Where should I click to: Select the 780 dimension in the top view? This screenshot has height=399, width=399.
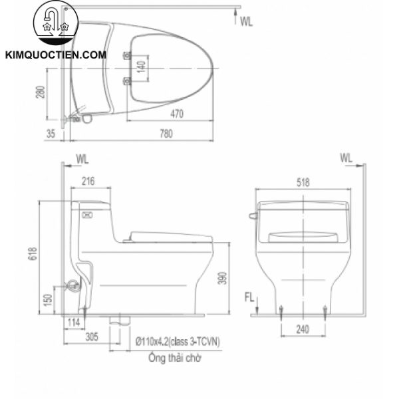coord(166,134)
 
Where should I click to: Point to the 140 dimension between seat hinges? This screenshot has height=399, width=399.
coord(140,66)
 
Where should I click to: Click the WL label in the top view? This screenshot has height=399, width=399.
coord(247,21)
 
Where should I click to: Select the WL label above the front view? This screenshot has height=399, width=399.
coord(346,158)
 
